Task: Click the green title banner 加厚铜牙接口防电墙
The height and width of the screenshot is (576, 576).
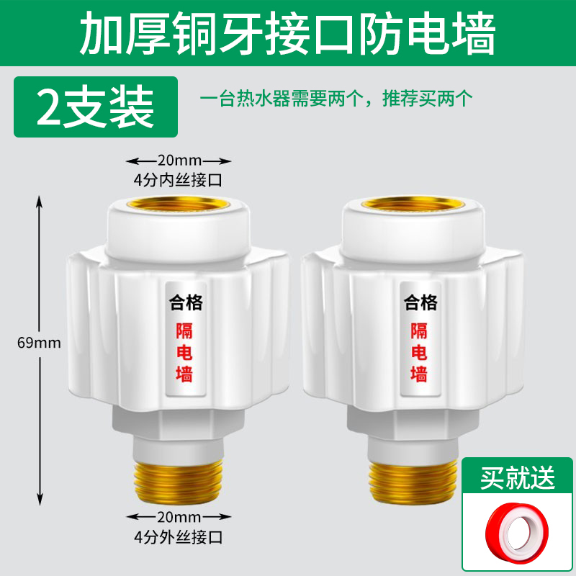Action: pos(288,32)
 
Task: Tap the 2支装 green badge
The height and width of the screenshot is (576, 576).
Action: pos(96,107)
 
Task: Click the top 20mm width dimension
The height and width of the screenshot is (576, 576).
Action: pos(179,160)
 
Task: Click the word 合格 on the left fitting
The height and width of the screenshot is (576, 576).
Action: pos(185,303)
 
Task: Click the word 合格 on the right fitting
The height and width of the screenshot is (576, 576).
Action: pos(420,302)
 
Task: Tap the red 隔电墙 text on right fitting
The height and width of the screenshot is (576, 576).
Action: pos(420,353)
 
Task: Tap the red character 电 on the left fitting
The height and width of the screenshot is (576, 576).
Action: pos(185,353)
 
